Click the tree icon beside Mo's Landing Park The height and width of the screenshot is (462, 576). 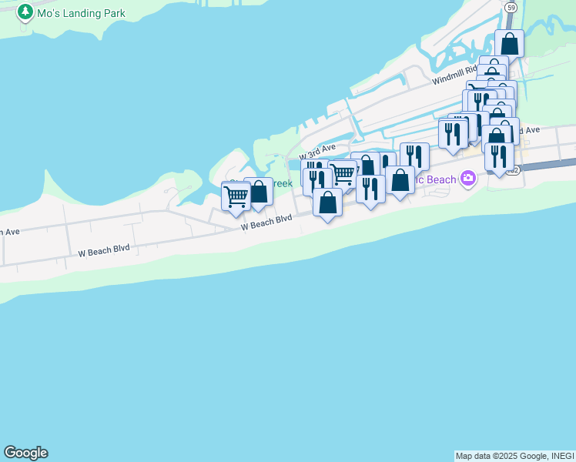[x=25, y=12]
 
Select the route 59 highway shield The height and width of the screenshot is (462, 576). [x=511, y=7]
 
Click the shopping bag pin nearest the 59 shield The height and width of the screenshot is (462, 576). [x=510, y=43]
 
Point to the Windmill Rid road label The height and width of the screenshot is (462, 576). [x=455, y=75]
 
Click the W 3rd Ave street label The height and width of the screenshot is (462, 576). [x=318, y=149]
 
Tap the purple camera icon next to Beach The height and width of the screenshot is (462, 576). [x=467, y=179]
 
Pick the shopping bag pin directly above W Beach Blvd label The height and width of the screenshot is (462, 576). [x=327, y=203]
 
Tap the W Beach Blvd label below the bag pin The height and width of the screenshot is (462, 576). [x=266, y=223]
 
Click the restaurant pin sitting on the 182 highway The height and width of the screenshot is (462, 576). [x=499, y=157]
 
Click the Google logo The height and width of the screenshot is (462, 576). [x=25, y=453]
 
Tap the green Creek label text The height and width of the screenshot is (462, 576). [x=282, y=184]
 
